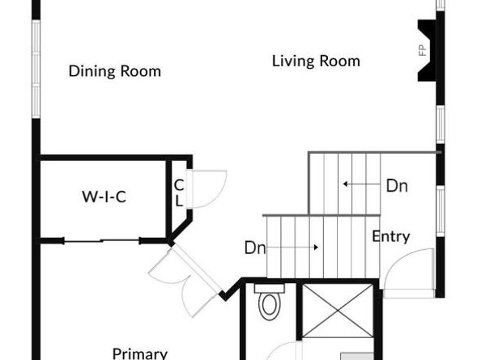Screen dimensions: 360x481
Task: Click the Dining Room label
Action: (114, 71)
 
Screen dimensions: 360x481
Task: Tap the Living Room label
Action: (316, 61)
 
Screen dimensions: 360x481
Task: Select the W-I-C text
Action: (104, 196)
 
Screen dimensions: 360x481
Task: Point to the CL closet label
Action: (179, 193)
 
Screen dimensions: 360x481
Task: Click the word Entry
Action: (390, 237)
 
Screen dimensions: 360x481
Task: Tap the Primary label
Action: (140, 353)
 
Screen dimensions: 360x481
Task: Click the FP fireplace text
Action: (422, 50)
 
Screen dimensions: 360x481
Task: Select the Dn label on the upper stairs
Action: (396, 185)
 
